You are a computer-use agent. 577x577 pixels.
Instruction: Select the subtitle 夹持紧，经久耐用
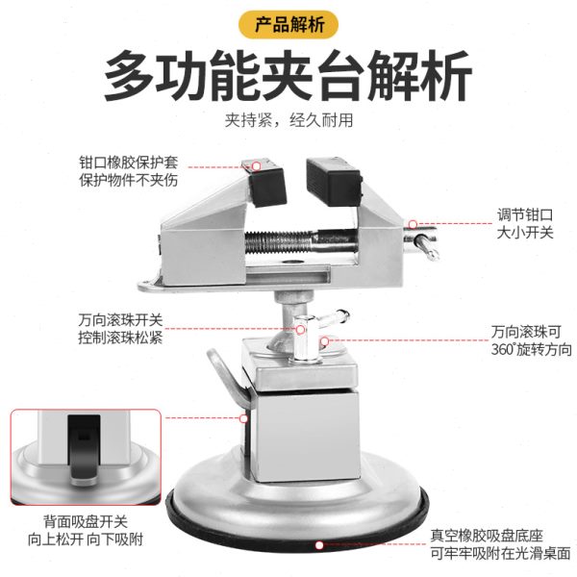(x=288, y=121)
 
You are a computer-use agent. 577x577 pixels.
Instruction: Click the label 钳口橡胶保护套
(x=129, y=163)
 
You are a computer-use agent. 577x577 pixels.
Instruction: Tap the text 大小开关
(x=525, y=233)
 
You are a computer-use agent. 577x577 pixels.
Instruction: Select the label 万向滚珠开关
(x=121, y=320)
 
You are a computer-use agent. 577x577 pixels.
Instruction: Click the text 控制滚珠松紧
(x=121, y=339)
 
